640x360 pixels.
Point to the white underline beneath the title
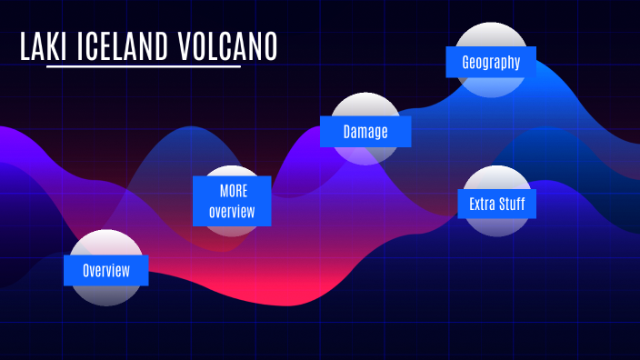(x=144, y=67)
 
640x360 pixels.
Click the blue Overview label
(x=105, y=270)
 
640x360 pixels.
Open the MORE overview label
(x=233, y=201)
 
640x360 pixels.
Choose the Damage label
(x=365, y=132)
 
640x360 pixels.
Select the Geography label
(x=491, y=63)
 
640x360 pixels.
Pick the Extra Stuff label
(x=496, y=203)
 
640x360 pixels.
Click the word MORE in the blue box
(x=233, y=192)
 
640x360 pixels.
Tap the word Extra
(x=481, y=203)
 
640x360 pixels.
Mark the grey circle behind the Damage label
(x=365, y=104)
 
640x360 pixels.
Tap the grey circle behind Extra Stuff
(x=496, y=177)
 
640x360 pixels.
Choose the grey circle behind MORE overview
(x=234, y=171)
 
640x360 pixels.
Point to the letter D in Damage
(x=347, y=132)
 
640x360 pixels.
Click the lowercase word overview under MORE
(x=233, y=212)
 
